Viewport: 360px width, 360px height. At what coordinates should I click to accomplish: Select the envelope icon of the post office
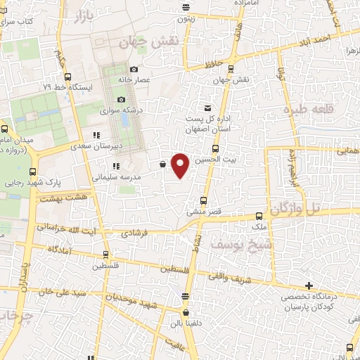(207, 108)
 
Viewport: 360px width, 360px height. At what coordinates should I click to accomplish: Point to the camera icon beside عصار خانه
(134, 69)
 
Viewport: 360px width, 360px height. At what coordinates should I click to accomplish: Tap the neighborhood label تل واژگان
(305, 208)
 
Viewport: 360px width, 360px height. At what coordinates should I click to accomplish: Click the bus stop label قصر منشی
(204, 211)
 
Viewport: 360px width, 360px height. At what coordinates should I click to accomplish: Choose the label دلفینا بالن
(185, 326)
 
